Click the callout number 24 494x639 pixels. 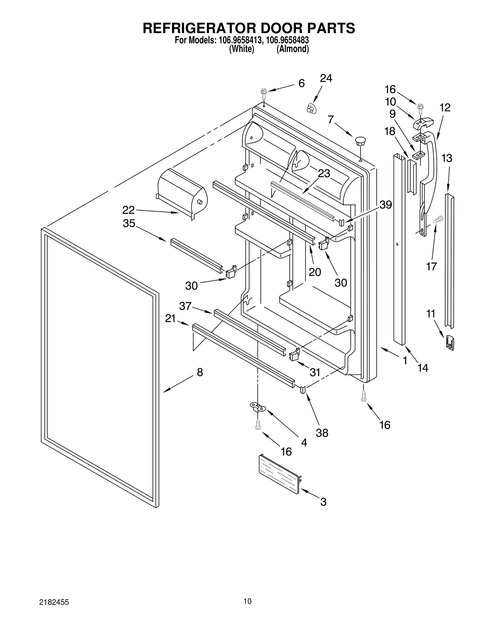(326, 78)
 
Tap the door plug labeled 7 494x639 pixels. (360, 141)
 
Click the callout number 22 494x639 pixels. (128, 210)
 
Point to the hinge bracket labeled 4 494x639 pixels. (257, 407)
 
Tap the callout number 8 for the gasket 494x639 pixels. (200, 372)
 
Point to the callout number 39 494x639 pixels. (386, 205)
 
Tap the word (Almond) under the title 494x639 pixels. (292, 49)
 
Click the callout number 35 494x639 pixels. (129, 223)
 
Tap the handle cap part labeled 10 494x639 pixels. (423, 122)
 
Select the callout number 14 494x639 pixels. (423, 368)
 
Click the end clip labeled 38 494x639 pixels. (303, 389)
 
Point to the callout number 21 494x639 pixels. (170, 318)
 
